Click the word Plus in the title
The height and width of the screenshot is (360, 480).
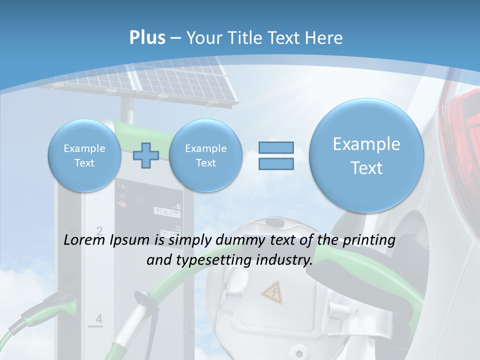(147, 38)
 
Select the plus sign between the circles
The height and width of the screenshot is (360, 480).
(146, 155)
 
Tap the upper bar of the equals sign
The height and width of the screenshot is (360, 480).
(276, 147)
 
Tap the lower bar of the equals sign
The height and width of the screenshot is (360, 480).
(276, 163)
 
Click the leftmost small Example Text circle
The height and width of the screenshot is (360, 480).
(84, 155)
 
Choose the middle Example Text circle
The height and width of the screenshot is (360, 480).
(205, 155)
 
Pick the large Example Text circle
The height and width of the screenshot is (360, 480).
(366, 155)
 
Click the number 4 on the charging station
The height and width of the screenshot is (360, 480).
(98, 318)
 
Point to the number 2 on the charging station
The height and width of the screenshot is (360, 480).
(99, 230)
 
